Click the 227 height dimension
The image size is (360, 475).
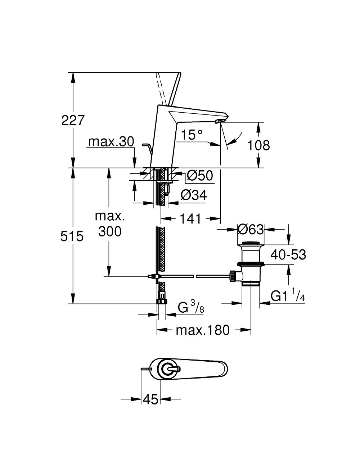72,120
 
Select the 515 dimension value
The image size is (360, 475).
72,236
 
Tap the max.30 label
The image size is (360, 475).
111,142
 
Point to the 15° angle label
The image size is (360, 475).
192,135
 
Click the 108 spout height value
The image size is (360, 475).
258,145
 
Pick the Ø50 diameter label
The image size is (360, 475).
200,176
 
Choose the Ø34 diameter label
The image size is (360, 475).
194,195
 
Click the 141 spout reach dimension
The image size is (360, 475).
190,218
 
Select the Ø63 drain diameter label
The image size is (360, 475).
251,229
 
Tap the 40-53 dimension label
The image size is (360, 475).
288,255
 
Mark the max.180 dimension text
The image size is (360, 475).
202,330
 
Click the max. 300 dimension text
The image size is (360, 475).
110,224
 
